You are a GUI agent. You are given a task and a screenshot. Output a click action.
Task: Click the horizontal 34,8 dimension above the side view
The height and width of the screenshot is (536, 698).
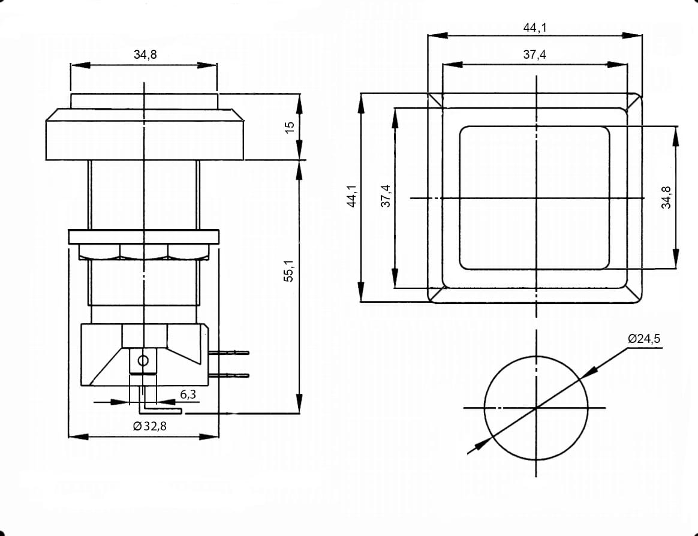[x=145, y=55]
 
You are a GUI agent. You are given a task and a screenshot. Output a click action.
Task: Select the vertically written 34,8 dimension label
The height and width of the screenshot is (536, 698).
[x=666, y=197]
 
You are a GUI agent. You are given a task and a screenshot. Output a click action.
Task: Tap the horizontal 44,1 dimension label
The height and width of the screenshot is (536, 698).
[x=535, y=28]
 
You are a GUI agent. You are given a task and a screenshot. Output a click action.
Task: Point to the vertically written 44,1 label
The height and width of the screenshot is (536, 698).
[x=352, y=196]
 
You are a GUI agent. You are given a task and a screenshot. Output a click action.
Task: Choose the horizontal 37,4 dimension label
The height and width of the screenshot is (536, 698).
[x=535, y=55]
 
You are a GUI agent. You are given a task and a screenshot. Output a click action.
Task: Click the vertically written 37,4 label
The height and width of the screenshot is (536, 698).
[x=386, y=196]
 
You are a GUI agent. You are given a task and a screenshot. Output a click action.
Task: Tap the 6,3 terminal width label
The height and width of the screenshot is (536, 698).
[x=188, y=395]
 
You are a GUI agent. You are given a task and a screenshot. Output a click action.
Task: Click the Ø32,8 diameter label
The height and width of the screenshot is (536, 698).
[x=149, y=426]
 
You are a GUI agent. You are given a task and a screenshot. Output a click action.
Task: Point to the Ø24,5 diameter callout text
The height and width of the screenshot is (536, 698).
[x=644, y=339]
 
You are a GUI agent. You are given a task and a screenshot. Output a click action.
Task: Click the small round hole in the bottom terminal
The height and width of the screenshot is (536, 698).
[x=143, y=360]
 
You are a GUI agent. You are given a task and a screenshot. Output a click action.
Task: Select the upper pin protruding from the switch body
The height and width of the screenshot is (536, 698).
[x=229, y=353]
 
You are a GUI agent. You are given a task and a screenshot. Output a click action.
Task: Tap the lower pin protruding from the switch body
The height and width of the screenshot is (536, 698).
[x=229, y=375]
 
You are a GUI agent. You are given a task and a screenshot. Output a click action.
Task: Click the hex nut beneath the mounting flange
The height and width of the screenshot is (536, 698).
[x=144, y=252]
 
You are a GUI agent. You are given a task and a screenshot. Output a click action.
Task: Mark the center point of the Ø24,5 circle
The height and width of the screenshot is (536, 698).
[x=536, y=407]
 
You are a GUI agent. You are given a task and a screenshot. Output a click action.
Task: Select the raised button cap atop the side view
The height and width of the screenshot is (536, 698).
[x=145, y=101]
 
